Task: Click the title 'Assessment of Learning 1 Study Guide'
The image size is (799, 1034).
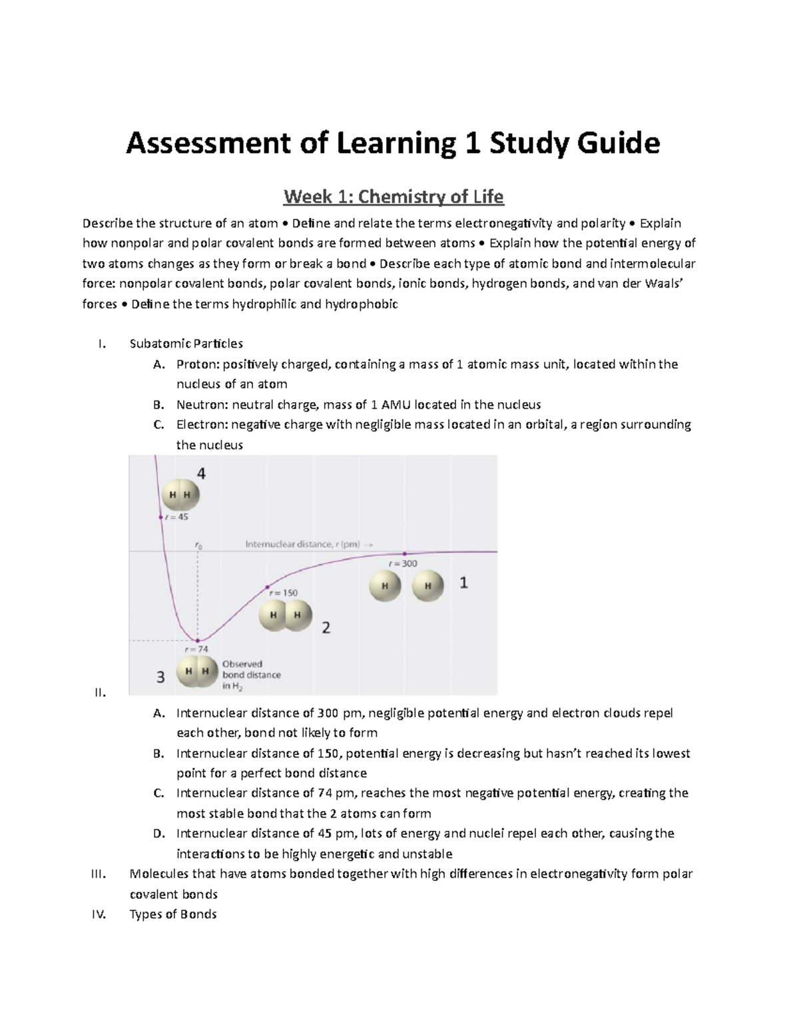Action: pos(393,144)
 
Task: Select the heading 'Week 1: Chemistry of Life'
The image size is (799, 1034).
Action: pos(394,197)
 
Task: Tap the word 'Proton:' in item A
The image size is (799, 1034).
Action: pos(198,364)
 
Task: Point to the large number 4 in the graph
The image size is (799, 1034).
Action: pos(200,474)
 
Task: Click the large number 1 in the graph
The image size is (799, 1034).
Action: pos(463,583)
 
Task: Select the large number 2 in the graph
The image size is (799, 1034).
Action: pos(326,627)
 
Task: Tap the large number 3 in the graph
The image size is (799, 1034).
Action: pos(160,677)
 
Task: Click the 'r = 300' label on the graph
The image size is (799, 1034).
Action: pos(403,563)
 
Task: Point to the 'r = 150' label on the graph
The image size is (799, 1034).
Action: pos(283,593)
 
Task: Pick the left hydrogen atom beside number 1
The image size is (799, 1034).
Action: pos(385,587)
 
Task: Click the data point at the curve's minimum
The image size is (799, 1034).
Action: pos(197,641)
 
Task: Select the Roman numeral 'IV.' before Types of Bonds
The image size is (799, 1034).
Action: pos(99,914)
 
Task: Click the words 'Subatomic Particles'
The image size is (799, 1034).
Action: pos(186,344)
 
